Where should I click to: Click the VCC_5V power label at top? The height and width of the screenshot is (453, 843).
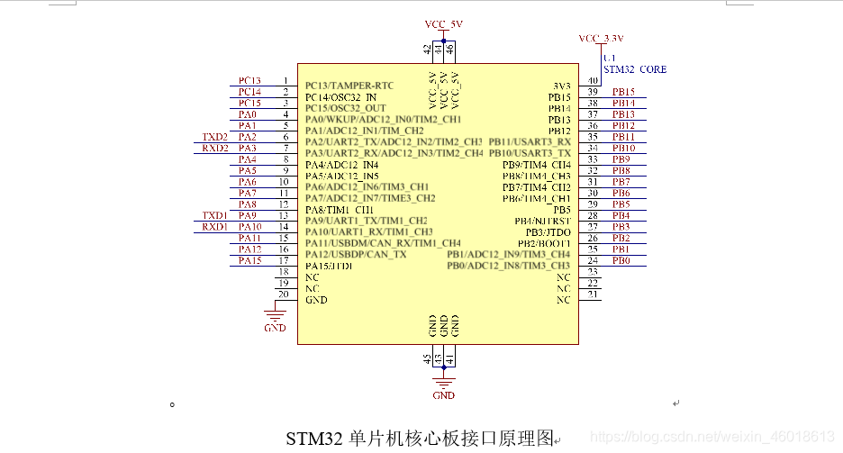point(443,23)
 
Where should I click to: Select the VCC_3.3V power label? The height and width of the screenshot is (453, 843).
point(602,39)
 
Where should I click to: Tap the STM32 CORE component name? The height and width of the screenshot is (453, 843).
point(635,68)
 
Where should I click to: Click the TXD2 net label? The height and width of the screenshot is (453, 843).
point(215,137)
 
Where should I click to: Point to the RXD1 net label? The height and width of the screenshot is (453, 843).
point(215,227)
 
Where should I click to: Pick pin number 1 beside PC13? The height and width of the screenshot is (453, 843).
point(285,81)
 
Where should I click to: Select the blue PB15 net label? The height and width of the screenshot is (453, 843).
point(623,92)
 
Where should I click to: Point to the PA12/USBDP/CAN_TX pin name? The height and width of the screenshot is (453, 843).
point(356,255)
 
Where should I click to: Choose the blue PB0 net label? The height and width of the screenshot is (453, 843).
point(621,261)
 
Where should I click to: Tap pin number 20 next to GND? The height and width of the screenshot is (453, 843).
point(284,294)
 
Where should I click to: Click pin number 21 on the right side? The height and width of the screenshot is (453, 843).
point(592,294)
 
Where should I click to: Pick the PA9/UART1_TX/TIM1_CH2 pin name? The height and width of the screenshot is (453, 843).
point(366,221)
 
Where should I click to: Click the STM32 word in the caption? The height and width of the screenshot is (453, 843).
point(313,439)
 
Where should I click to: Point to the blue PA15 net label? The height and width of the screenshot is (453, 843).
point(249,261)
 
